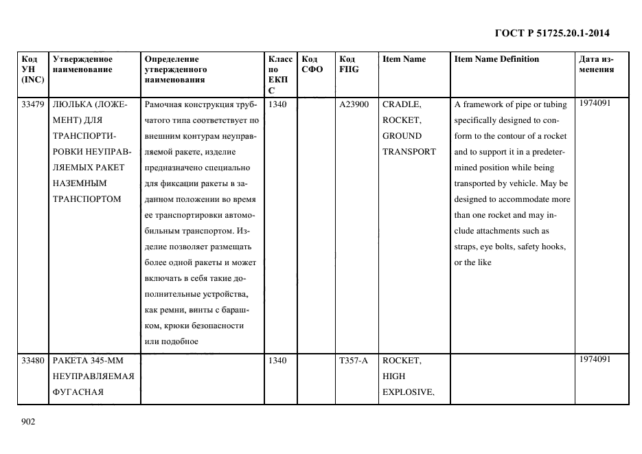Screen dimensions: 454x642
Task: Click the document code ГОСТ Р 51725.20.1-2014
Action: click(551, 33)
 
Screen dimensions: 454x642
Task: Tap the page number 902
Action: click(27, 422)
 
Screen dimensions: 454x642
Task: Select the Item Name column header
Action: click(404, 59)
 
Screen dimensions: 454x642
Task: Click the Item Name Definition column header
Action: click(496, 59)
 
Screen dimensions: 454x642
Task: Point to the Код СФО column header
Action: click(312, 64)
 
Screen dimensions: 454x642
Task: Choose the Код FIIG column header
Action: click(349, 64)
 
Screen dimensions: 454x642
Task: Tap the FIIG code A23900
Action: click(354, 105)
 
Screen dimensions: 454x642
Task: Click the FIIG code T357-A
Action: click(353, 361)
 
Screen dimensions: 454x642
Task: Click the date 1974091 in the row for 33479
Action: click(595, 103)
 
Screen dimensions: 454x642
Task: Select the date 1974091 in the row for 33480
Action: click(595, 359)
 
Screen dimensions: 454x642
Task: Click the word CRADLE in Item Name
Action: click(401, 105)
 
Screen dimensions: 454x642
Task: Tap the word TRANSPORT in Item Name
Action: click(409, 152)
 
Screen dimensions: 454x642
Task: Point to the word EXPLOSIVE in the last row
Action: click(407, 392)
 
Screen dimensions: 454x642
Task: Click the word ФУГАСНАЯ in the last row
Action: click(78, 392)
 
